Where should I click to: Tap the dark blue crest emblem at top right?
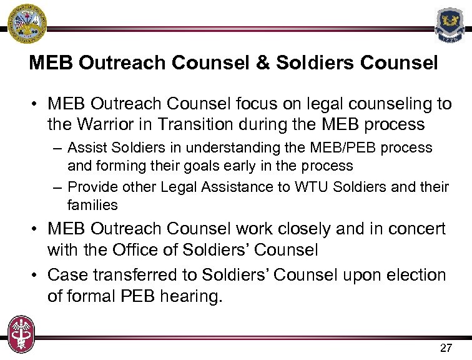tap(450, 24)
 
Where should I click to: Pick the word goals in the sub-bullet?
tap(215, 166)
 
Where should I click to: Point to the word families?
tap(92, 205)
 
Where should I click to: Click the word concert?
tap(415, 229)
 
